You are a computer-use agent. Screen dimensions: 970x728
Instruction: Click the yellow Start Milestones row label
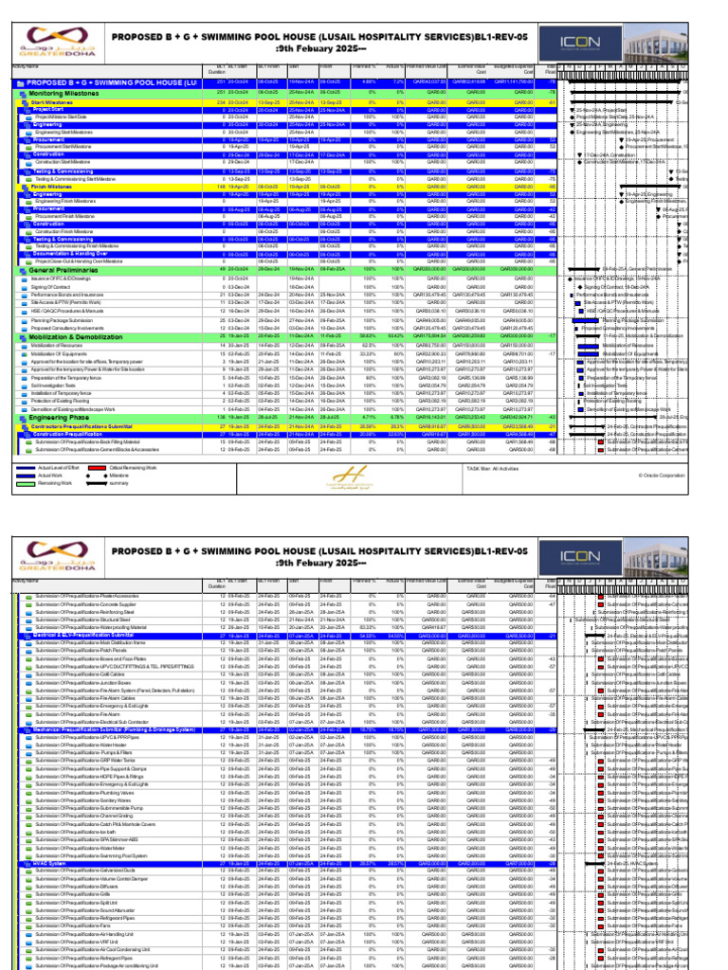click(53, 102)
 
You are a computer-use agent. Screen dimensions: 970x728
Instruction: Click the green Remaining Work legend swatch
click(25, 483)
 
